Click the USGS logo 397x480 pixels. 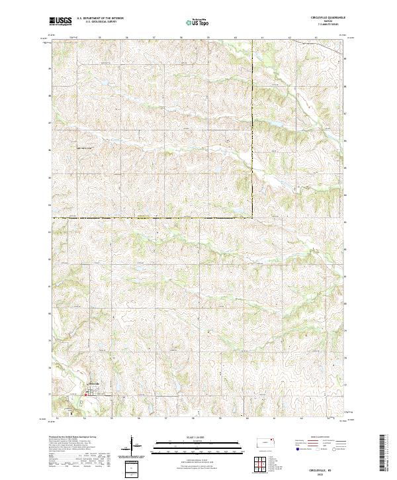point(60,22)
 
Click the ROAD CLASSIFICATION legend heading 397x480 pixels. point(320,437)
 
